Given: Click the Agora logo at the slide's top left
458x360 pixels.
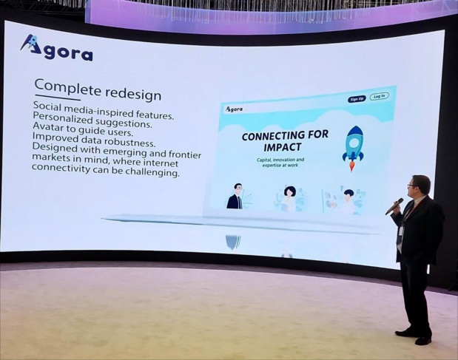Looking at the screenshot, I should click(x=56, y=48).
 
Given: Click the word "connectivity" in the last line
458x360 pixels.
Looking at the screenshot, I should click(x=64, y=172).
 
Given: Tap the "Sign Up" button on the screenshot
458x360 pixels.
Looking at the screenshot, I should click(x=357, y=98).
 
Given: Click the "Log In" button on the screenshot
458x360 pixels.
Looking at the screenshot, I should click(x=379, y=96).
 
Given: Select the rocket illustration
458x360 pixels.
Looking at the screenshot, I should click(x=354, y=143).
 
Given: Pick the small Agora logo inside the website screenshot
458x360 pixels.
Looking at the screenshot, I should click(x=234, y=109).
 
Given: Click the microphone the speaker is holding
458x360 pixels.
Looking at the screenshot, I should click(x=394, y=206).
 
